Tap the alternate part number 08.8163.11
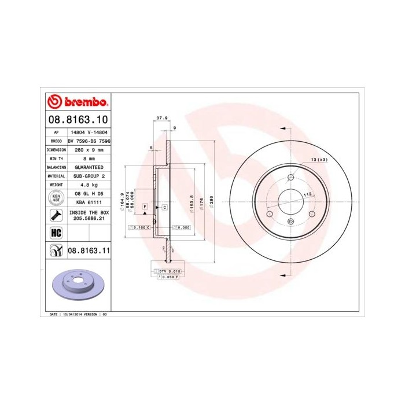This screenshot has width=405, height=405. pos(89,251)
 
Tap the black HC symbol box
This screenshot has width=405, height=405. pos(56,233)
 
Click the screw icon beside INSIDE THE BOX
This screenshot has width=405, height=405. pos(56,216)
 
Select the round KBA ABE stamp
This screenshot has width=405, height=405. pos(56,198)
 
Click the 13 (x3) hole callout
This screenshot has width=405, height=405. pos(319,159)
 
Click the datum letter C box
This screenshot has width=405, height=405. pos(164,207)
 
